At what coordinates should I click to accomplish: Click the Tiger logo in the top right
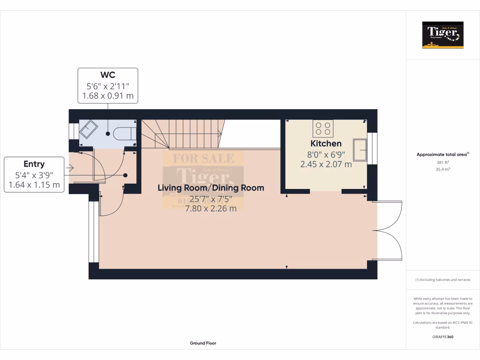pyautogui.click(x=442, y=35)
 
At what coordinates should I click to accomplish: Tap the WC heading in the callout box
pyautogui.click(x=108, y=75)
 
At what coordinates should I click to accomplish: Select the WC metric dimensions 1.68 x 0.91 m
pyautogui.click(x=108, y=96)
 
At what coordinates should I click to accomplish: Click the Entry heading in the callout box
pyautogui.click(x=34, y=164)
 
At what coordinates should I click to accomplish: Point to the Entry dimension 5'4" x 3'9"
pyautogui.click(x=34, y=175)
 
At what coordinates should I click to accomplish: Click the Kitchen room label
pyautogui.click(x=326, y=143)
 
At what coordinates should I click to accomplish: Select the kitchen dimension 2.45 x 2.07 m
pyautogui.click(x=326, y=164)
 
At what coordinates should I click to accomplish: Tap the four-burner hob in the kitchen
pyautogui.click(x=323, y=128)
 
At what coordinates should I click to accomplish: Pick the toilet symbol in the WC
pyautogui.click(x=124, y=134)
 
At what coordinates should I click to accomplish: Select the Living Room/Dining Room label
pyautogui.click(x=210, y=188)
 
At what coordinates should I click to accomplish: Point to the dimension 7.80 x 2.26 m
pyautogui.click(x=210, y=209)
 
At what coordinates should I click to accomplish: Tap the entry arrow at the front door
pyautogui.click(x=71, y=168)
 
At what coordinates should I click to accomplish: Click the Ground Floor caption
pyautogui.click(x=203, y=343)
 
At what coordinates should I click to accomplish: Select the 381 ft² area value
pyautogui.click(x=442, y=163)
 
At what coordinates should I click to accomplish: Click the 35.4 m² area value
pyautogui.click(x=442, y=170)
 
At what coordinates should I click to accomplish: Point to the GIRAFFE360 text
pyautogui.click(x=442, y=337)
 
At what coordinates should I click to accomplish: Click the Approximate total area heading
pyautogui.click(x=442, y=154)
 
